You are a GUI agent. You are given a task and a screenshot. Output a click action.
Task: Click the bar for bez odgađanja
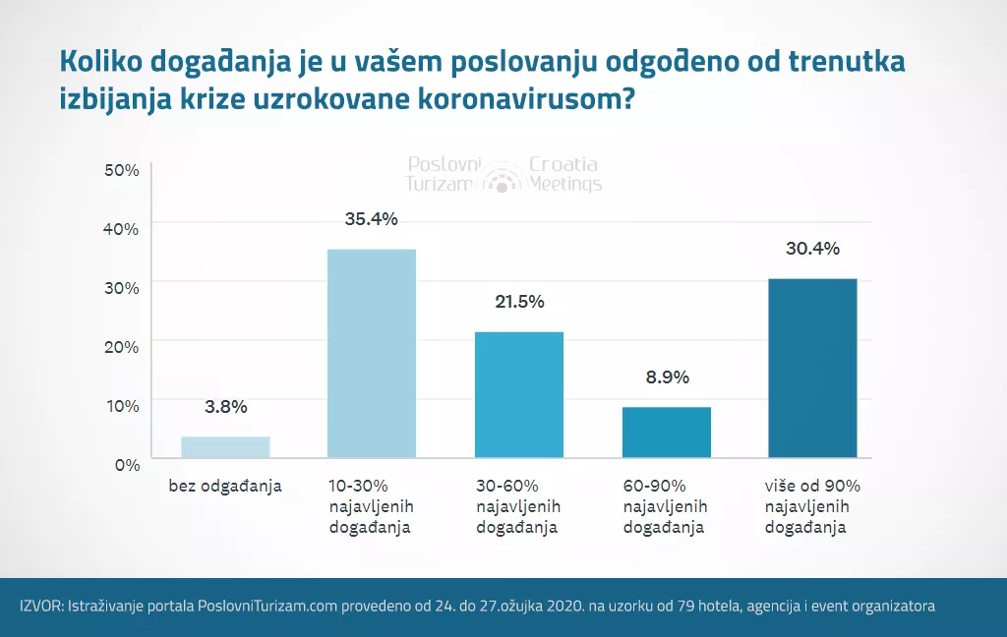[x=225, y=447]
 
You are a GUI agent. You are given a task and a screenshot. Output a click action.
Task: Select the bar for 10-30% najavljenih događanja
[x=371, y=354]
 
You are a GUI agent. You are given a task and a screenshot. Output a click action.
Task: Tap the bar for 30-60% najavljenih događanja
[x=518, y=394]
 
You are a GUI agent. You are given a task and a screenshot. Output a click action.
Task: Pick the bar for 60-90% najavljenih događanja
[x=666, y=433]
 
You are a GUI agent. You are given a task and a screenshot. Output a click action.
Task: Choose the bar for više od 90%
[x=812, y=369]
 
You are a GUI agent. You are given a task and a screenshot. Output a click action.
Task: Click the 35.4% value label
[x=371, y=219]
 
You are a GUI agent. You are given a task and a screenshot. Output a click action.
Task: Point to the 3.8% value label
[x=225, y=407]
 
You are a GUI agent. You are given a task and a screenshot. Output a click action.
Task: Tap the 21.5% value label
[x=518, y=302]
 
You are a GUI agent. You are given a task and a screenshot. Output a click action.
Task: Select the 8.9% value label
[x=666, y=376]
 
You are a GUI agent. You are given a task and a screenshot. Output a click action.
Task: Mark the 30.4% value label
[x=812, y=249]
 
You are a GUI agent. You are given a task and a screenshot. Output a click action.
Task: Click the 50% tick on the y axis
[x=122, y=170]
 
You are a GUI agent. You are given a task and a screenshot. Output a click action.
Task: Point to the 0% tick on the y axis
[x=127, y=464]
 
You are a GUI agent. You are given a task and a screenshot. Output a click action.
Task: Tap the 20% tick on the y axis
[x=122, y=346]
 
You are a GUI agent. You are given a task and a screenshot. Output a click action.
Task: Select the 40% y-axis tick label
[x=122, y=229]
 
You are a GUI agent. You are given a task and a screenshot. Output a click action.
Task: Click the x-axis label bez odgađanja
[x=225, y=486]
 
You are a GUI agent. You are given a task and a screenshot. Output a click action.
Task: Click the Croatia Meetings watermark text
[x=563, y=174]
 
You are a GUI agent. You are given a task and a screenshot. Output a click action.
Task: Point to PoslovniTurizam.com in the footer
[x=267, y=607]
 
